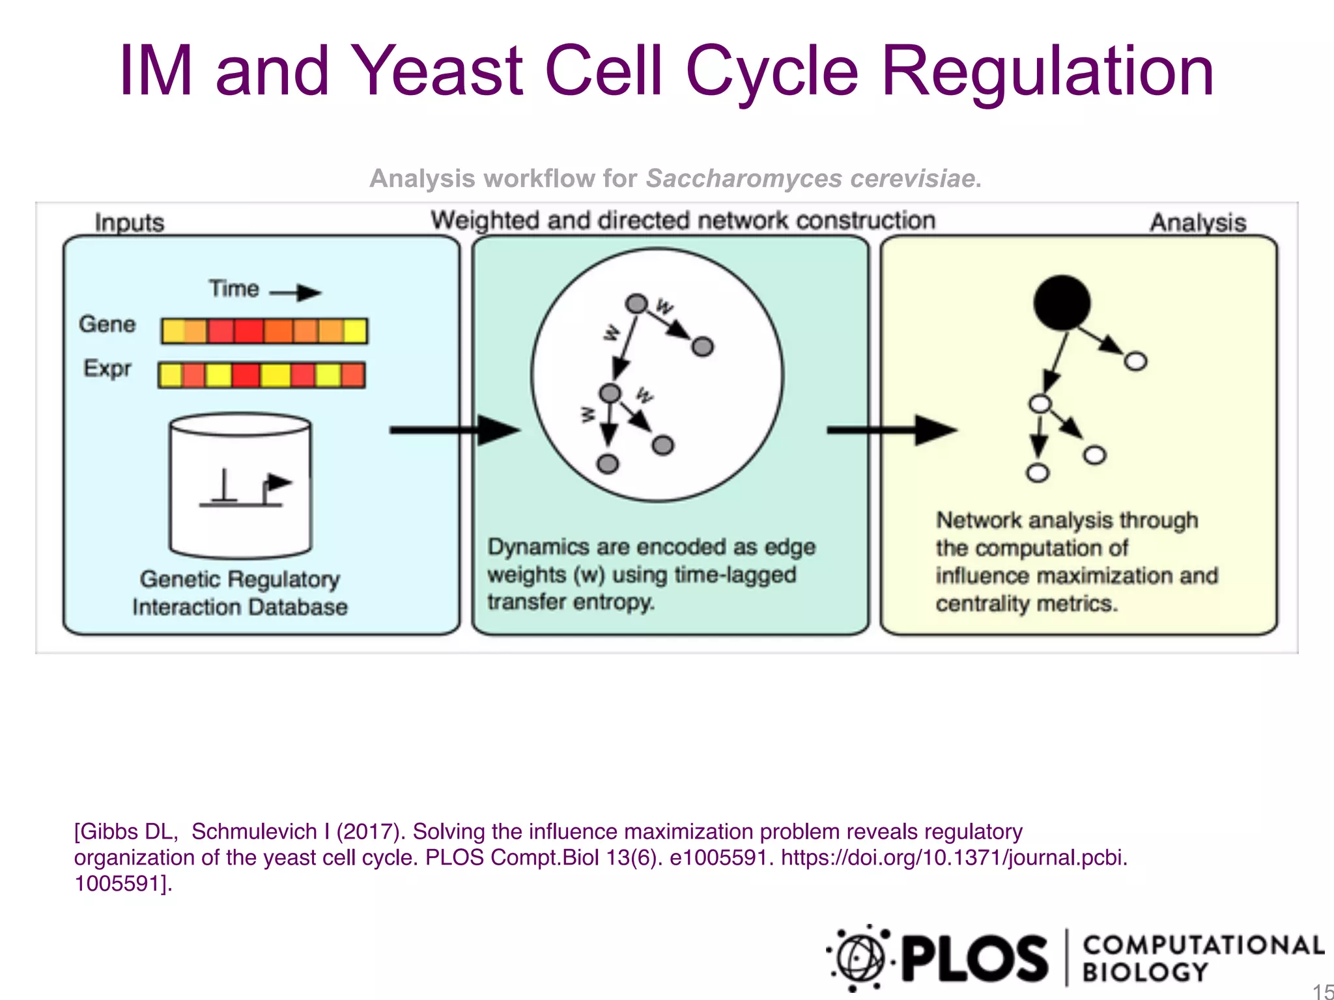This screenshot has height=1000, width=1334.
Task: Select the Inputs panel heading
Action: [129, 222]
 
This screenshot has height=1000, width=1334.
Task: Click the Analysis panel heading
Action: [1197, 222]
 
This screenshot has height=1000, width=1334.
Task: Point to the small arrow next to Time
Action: [296, 292]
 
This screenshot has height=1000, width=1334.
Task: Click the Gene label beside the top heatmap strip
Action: [107, 324]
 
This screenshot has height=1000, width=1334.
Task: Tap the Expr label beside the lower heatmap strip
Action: [107, 368]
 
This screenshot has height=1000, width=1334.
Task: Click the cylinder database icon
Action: [240, 485]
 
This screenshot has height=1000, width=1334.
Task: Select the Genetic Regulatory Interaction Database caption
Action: [240, 592]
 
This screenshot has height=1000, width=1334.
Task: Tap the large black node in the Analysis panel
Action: [1062, 303]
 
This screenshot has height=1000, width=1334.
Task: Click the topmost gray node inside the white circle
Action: [636, 303]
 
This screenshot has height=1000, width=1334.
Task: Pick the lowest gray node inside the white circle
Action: [608, 464]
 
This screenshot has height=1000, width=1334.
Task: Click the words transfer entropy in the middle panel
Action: [571, 602]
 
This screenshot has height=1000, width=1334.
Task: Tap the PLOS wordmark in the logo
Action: [975, 958]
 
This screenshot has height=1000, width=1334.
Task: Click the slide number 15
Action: [1322, 992]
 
